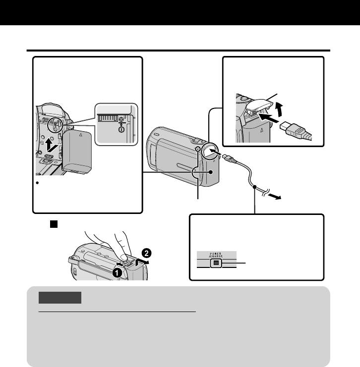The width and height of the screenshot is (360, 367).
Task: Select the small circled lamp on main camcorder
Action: click(198, 150)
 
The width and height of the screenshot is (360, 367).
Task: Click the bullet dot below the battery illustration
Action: click(38, 184)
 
